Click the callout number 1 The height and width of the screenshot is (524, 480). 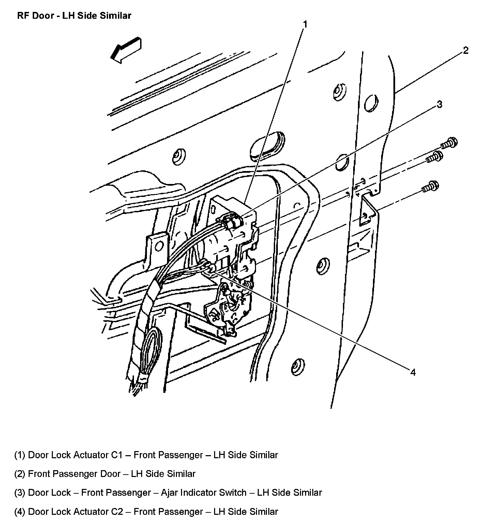(x=305, y=24)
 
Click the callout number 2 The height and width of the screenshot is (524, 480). (x=466, y=51)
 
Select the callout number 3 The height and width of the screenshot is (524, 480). (x=439, y=104)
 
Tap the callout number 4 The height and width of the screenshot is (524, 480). (x=413, y=372)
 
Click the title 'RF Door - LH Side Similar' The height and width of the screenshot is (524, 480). (x=74, y=16)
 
